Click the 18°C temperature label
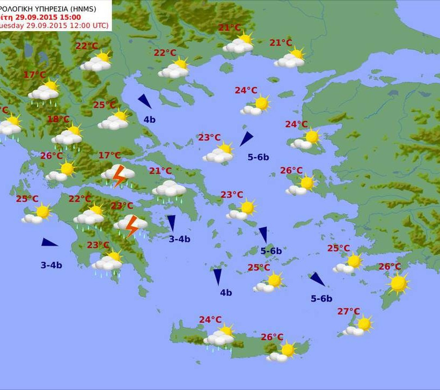coord(58,119)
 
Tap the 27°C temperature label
coord(349,311)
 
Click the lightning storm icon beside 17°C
coord(119,175)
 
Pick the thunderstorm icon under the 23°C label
coord(131,225)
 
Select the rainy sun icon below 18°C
coord(68,136)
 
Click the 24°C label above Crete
coord(210,320)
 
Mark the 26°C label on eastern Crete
coord(272,337)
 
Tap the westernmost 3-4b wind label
coord(52,265)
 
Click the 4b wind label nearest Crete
coord(226,292)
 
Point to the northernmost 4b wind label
coord(149,120)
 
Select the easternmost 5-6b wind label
coord(321,299)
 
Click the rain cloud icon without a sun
coord(169,189)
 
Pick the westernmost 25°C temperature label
coord(27,198)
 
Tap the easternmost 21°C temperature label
coord(281,42)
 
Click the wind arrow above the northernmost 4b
coord(144,101)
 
